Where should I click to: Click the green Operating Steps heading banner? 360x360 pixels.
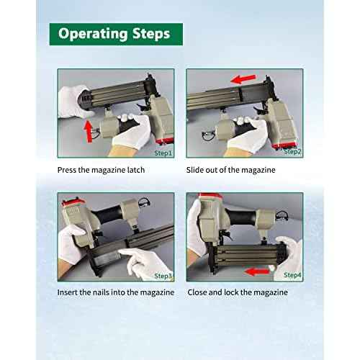tap(116, 34)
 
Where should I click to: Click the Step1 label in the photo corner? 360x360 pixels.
tap(163, 153)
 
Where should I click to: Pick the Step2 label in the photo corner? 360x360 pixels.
tap(292, 152)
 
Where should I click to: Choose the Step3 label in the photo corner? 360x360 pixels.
tap(163, 276)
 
